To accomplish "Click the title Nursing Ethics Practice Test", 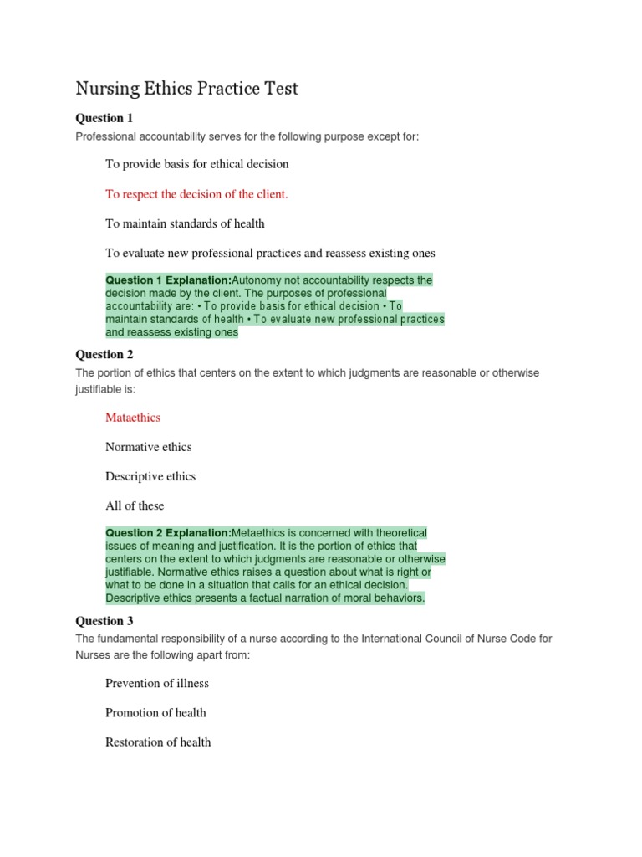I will click(186, 89).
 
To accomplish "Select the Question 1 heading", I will click(104, 118).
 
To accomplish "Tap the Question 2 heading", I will click(104, 355).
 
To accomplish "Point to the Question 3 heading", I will click(104, 621).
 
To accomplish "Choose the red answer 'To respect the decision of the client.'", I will click(196, 194).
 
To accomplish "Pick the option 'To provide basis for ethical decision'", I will click(196, 164).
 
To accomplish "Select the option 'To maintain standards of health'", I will click(185, 223).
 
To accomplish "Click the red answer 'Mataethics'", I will click(133, 418).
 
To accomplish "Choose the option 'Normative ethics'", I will click(148, 447).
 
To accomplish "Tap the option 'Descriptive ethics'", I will click(150, 476).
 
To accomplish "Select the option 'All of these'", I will click(135, 505).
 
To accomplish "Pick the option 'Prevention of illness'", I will click(157, 683).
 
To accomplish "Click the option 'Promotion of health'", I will click(155, 712).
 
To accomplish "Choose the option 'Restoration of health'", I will click(158, 742).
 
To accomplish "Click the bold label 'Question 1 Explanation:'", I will click(168, 280).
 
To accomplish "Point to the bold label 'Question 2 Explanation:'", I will click(168, 533).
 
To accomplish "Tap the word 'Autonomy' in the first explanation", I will click(257, 280).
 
